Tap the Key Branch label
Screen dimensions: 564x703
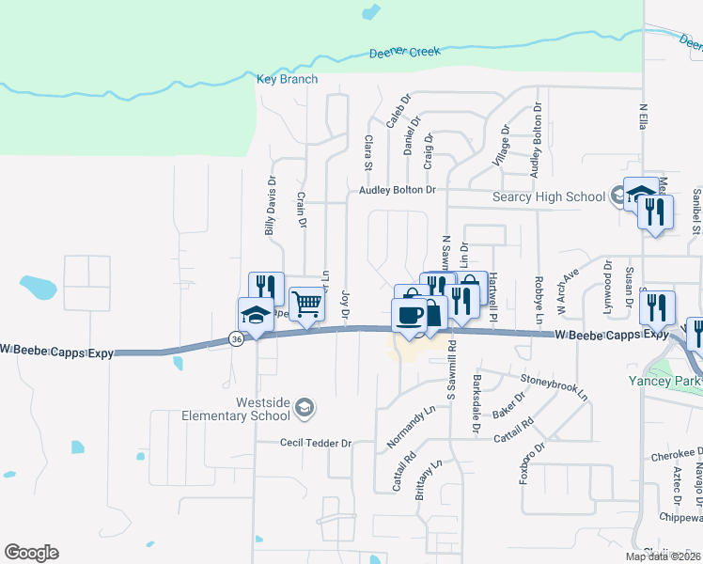[x=288, y=80]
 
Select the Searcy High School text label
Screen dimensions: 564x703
[x=550, y=196]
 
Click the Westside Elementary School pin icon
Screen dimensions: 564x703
[x=304, y=407]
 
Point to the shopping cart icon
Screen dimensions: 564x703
[x=306, y=304]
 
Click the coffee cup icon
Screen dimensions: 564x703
[x=409, y=314]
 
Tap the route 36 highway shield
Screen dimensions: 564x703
[x=237, y=339]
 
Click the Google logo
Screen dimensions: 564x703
[x=31, y=553]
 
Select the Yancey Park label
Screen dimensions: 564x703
[x=662, y=381]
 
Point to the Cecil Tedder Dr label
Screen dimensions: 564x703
[x=315, y=443]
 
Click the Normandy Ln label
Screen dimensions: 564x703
[x=412, y=427]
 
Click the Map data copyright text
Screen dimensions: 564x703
[x=664, y=556]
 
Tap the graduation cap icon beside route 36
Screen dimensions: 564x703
[x=256, y=313]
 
